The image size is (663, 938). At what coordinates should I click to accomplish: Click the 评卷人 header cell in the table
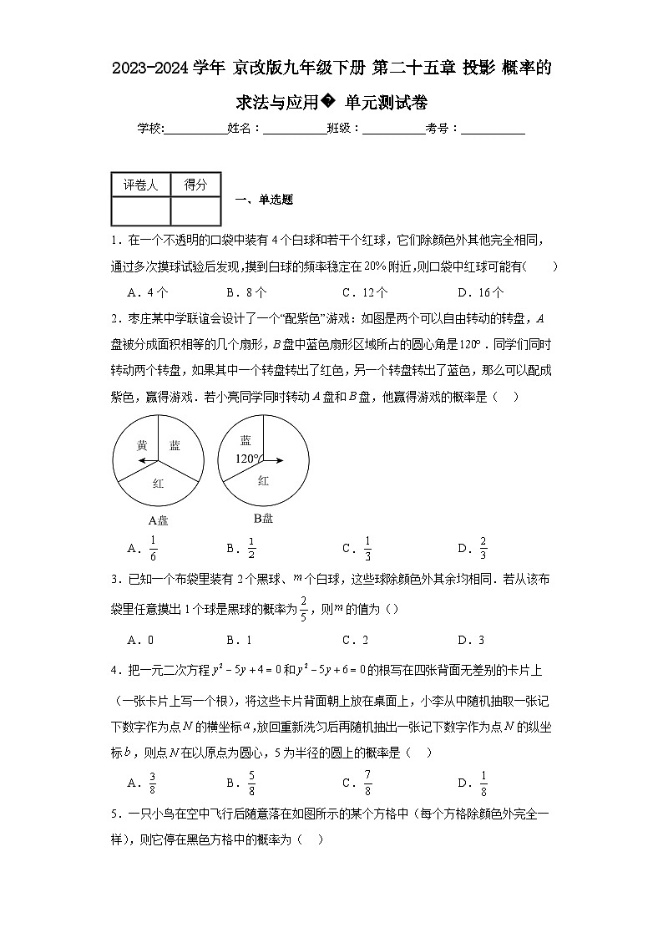140,185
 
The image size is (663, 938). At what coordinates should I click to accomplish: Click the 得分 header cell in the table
195,185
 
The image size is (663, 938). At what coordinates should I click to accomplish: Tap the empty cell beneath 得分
195,210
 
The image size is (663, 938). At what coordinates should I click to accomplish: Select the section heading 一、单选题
264,200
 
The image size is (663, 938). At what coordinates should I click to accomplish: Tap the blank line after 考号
493,129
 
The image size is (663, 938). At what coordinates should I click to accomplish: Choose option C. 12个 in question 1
365,292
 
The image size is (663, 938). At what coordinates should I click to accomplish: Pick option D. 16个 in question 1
481,292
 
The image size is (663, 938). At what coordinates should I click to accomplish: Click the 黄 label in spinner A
142,446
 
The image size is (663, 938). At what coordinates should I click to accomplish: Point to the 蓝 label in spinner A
175,446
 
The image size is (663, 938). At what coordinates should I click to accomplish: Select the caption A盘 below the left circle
158,520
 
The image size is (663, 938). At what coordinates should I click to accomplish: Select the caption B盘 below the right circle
263,518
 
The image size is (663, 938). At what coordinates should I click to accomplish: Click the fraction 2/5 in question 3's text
305,609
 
